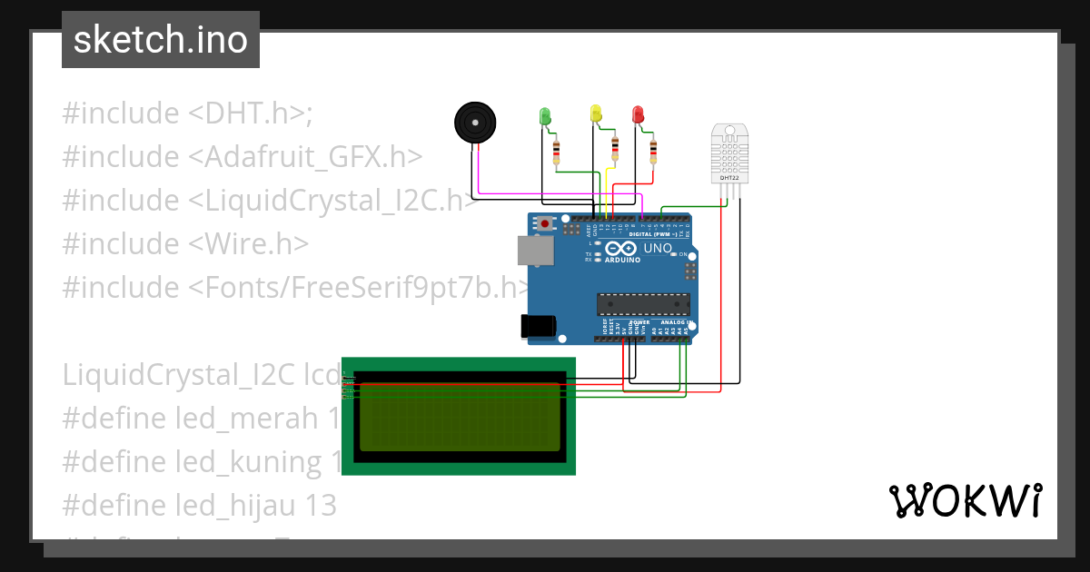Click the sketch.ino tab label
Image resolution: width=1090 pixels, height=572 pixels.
click(x=160, y=40)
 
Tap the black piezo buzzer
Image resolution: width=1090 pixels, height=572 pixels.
click(x=475, y=122)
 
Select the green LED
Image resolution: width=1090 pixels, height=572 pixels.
click(x=545, y=116)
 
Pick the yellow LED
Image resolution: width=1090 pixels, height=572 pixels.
click(x=596, y=113)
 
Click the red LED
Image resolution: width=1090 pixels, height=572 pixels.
click(x=638, y=114)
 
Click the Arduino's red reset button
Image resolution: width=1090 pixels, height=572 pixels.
click(x=545, y=223)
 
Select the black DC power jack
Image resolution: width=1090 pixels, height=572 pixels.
click(x=536, y=326)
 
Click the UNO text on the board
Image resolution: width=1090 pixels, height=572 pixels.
click(x=657, y=248)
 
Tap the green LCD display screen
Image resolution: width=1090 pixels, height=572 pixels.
click(x=460, y=417)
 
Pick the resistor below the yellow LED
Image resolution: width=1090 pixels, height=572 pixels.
click(x=615, y=148)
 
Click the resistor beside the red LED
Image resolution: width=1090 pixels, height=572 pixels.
click(x=653, y=152)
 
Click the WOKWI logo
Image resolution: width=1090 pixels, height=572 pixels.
click(x=965, y=500)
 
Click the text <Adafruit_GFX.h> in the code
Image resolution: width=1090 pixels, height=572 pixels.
click(x=305, y=157)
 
